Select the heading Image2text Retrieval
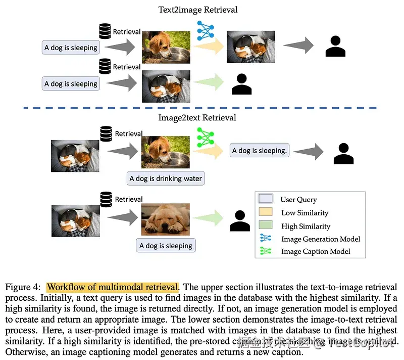pyautogui.click(x=197, y=118)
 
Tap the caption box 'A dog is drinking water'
pyautogui.click(x=166, y=178)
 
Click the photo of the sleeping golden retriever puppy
pyautogui.click(x=166, y=220)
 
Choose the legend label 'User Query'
pyautogui.click(x=298, y=200)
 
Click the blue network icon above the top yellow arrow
pyautogui.click(x=205, y=30)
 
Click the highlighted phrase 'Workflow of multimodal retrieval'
pyautogui.click(x=112, y=287)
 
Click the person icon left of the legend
pyautogui.click(x=240, y=220)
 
